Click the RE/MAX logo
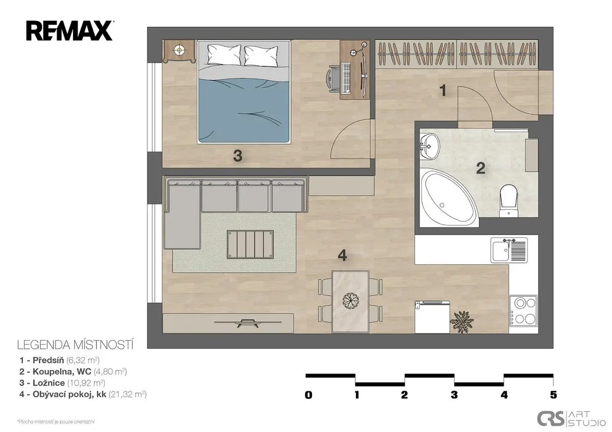pyautogui.click(x=70, y=31)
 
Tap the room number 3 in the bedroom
pyautogui.click(x=238, y=156)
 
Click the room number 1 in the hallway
pyautogui.click(x=443, y=90)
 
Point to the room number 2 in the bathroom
pyautogui.click(x=480, y=168)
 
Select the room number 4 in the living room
pyautogui.click(x=342, y=256)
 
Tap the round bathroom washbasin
pyautogui.click(x=430, y=146)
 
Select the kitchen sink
pyautogui.click(x=509, y=250)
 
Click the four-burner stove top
pyautogui.click(x=523, y=311)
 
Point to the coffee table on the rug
pyautogui.click(x=250, y=244)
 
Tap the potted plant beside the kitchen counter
pyautogui.click(x=462, y=322)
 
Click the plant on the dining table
pyautogui.click(x=350, y=300)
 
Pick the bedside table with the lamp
pyautogui.click(x=179, y=52)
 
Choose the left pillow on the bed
pyautogui.click(x=224, y=55)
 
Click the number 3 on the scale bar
pyautogui.click(x=454, y=395)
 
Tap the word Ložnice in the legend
pyautogui.click(x=48, y=383)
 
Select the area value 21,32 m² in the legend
pyautogui.click(x=127, y=394)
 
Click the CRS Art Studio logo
pyautogui.click(x=571, y=418)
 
